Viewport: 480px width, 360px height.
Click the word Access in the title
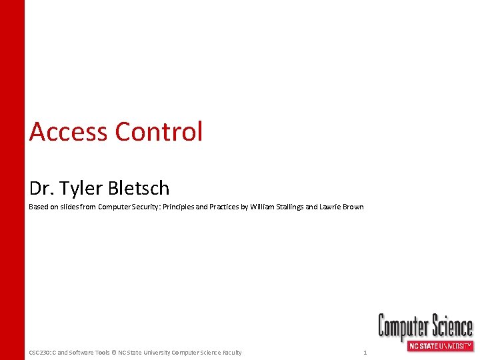point(69,132)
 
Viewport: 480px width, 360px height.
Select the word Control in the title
point(159,132)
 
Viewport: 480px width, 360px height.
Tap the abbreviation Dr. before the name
point(39,189)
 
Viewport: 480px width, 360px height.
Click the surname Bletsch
point(137,189)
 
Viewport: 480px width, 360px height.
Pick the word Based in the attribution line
point(38,207)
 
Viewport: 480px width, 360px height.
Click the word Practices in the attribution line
point(225,207)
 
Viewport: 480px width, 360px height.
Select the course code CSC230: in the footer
point(41,353)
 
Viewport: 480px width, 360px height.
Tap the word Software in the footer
point(81,353)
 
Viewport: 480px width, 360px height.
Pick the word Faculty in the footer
point(231,353)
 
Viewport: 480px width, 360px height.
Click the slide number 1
point(365,353)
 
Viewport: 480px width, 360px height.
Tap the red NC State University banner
point(439,346)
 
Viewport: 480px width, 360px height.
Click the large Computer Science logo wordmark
point(425,327)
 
